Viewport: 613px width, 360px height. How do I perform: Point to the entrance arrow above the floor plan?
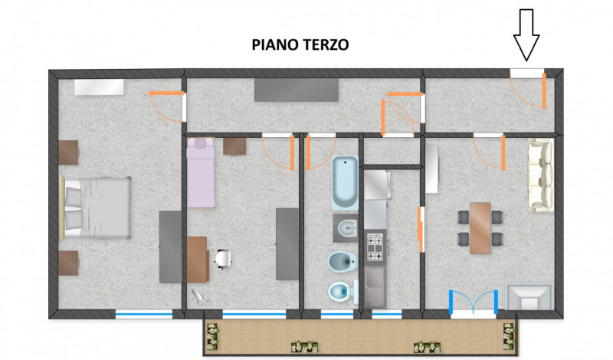pos(526,34)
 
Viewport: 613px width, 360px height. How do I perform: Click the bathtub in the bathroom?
pos(346,182)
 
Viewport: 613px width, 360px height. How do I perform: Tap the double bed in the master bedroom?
pos(95,207)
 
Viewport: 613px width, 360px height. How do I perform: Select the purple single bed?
pos(201,172)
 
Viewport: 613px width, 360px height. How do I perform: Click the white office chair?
pos(223,259)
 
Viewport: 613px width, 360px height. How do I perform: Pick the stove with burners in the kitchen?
pos(375,247)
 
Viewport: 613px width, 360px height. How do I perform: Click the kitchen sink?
pos(375,286)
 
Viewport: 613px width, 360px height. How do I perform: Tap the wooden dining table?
pos(480,228)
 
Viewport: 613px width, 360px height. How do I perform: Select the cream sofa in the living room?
pos(541,175)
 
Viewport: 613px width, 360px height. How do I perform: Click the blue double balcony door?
pos(474,302)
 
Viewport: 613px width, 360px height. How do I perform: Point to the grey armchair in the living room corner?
pos(529,296)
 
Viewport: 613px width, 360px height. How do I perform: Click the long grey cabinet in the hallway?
pos(297,90)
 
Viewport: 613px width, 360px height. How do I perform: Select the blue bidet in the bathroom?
pos(342,261)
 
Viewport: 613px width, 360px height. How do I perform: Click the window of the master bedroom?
pos(144,314)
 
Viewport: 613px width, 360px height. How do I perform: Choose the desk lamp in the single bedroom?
pos(199,296)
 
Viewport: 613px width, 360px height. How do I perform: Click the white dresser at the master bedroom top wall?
pos(100,87)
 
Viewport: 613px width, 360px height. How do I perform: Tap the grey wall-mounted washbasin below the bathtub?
pos(346,228)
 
